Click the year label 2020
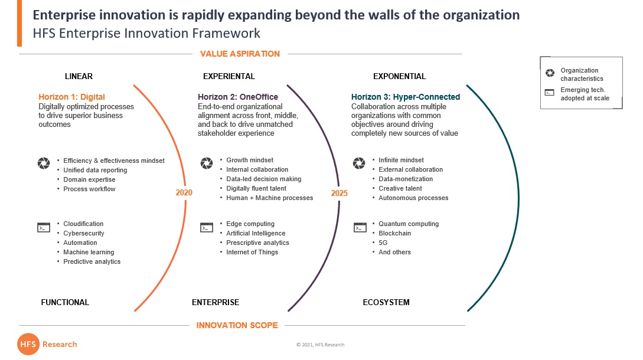tap(184, 193)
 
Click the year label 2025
tap(339, 193)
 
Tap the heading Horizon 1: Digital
tap(72, 97)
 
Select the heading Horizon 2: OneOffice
tap(238, 97)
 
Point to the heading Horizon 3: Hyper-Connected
tap(406, 97)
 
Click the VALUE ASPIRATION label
tap(240, 54)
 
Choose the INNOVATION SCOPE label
tap(237, 325)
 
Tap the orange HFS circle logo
tap(28, 344)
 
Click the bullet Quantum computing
tap(409, 224)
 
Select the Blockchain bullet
tap(394, 233)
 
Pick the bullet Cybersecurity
tap(84, 233)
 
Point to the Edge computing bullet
tap(250, 224)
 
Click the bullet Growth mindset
tap(250, 160)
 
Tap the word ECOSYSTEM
tap(386, 302)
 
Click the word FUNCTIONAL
tap(65, 302)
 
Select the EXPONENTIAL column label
tap(399, 76)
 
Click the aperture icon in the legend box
tap(550, 73)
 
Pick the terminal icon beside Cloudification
tap(44, 228)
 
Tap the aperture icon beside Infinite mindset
tap(359, 163)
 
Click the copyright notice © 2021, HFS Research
tap(320, 345)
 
